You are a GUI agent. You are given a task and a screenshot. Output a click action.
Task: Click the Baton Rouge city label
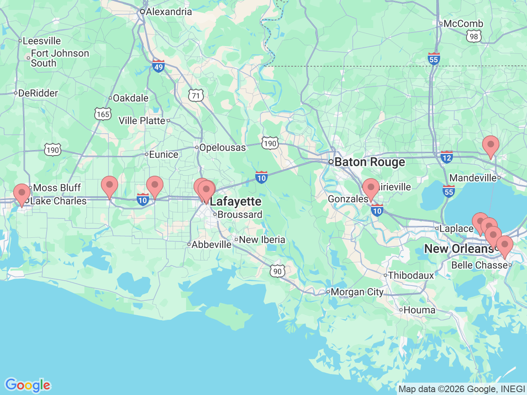click(x=369, y=162)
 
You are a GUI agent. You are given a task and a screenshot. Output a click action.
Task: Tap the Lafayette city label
click(x=236, y=202)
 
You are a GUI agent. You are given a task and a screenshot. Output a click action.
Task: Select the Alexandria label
click(x=168, y=12)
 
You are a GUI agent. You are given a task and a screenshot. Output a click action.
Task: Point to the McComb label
click(x=463, y=24)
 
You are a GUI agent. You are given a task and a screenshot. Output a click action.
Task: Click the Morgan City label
click(x=357, y=292)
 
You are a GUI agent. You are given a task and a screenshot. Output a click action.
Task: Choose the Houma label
click(x=419, y=310)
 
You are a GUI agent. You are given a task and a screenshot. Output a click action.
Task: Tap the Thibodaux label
click(x=411, y=276)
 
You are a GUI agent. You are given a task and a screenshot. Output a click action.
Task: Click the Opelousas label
click(x=222, y=147)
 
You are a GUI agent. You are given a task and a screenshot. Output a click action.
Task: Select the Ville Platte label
click(x=142, y=121)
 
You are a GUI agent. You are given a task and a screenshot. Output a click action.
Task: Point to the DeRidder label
click(x=38, y=93)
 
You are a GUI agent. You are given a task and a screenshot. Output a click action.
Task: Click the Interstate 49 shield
click(x=159, y=66)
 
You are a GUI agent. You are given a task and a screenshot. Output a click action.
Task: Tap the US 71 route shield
click(x=196, y=96)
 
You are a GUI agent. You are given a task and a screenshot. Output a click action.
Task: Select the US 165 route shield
click(x=103, y=114)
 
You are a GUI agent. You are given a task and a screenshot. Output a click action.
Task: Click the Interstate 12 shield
click(x=446, y=157)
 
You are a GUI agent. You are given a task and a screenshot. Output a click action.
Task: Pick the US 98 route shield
click(x=474, y=37)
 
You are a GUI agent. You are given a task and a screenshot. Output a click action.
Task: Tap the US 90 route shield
click(x=277, y=271)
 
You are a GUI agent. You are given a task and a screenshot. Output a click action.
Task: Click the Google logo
click(x=28, y=385)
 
